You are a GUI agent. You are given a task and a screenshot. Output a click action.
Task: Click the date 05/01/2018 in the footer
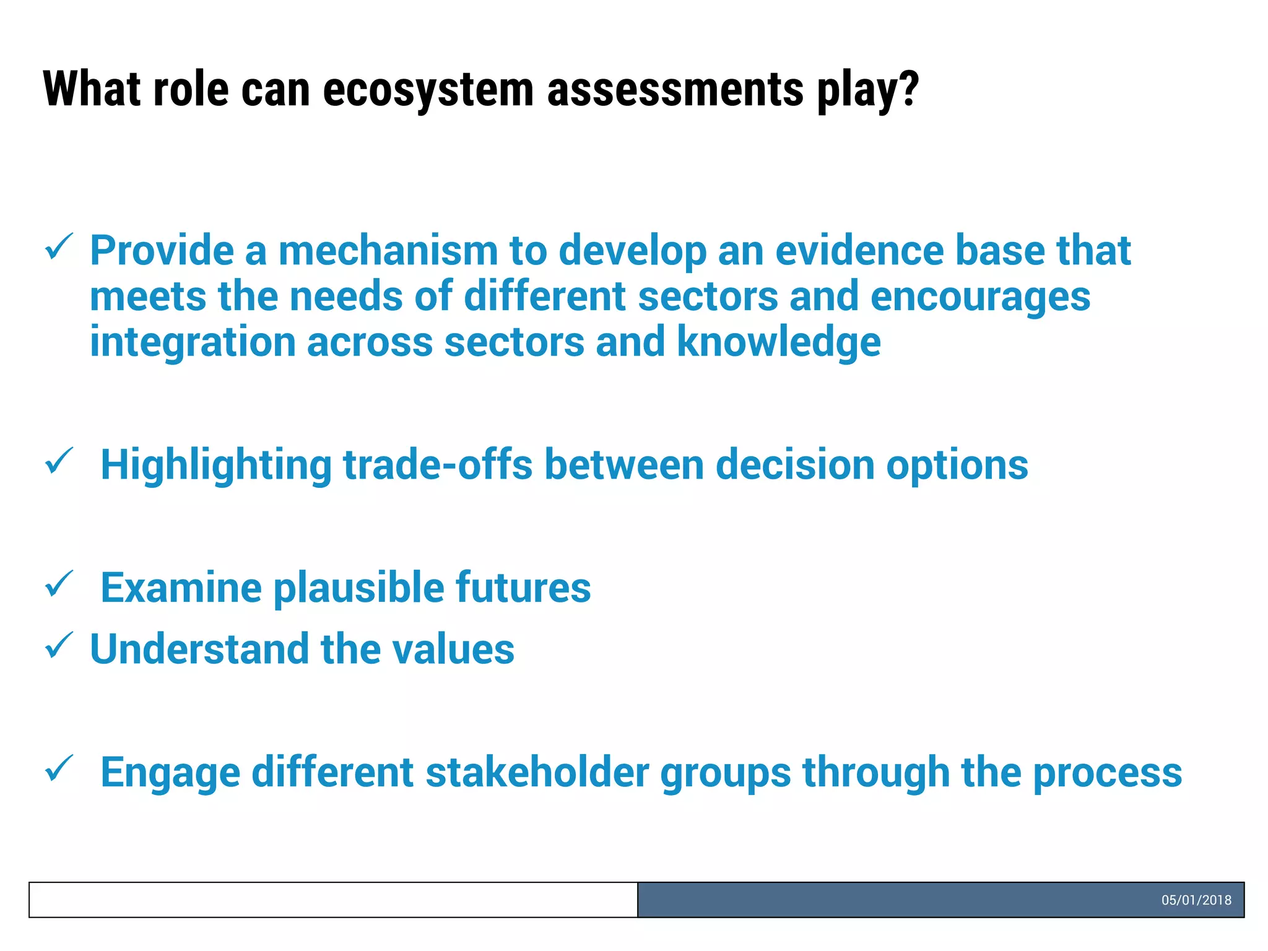pos(1196,900)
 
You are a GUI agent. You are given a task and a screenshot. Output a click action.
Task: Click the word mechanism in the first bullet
pos(388,251)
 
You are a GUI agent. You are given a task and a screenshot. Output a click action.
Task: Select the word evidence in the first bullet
pos(859,251)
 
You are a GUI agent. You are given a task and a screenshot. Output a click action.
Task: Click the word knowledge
pos(778,343)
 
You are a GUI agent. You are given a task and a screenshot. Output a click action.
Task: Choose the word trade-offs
pos(437,465)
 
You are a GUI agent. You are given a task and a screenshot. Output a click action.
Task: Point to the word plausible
pos(358,588)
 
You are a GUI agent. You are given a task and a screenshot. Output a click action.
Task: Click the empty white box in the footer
pos(333,900)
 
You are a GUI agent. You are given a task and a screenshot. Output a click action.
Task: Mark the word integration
pos(193,343)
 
